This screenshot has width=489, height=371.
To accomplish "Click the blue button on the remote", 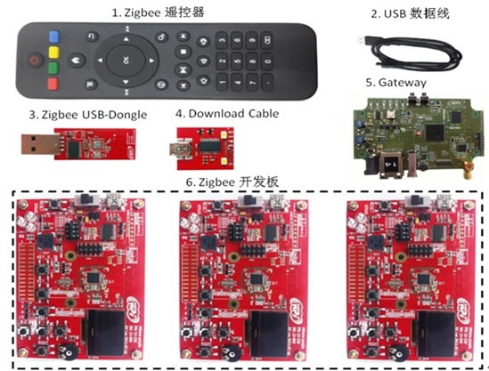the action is coord(54,36).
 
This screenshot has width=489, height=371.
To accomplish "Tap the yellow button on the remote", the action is coord(53,52).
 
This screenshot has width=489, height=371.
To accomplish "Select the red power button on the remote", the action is coord(35,60).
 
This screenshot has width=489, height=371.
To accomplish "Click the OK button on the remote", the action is coord(126,60).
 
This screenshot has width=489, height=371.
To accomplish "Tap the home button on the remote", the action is coord(77,60).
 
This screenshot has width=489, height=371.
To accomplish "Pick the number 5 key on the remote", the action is coord(237,61).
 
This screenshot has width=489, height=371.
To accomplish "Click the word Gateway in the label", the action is coord(403,83).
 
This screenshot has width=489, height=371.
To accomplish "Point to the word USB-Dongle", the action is coord(114,115).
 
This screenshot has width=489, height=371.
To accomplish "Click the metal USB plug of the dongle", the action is coord(40,144).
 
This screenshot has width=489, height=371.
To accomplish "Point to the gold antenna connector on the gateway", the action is coord(467,170).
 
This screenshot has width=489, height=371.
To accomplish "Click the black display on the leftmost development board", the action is coord(104,332).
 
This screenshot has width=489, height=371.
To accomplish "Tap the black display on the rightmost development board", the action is coord(436,334).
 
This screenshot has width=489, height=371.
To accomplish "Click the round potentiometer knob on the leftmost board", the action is coord(69,351).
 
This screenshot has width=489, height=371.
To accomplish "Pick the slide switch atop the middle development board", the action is coord(251,200).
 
